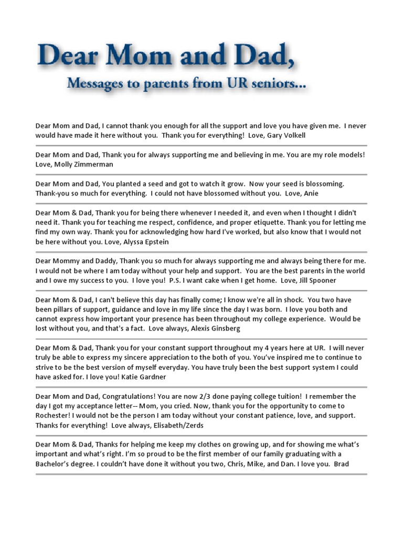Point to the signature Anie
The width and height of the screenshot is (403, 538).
309,193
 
